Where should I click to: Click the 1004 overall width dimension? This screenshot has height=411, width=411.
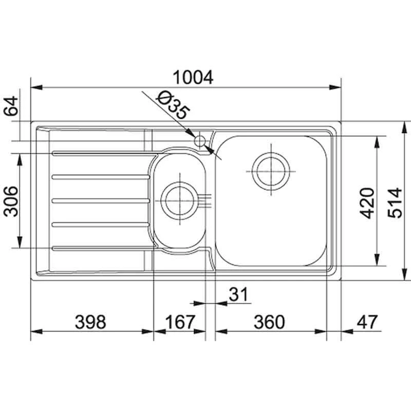pyautogui.click(x=193, y=78)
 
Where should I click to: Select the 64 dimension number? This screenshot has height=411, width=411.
pyautogui.click(x=11, y=106)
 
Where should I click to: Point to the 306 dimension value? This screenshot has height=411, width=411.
pyautogui.click(x=11, y=201)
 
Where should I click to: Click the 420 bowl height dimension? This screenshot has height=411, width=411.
pyautogui.click(x=367, y=203)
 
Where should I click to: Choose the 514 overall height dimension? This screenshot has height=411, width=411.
pyautogui.click(x=395, y=202)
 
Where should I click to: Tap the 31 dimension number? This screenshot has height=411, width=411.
pyautogui.click(x=238, y=294)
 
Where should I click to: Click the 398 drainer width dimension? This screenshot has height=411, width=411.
pyautogui.click(x=90, y=322)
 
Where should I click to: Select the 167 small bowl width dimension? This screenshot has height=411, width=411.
pyautogui.click(x=180, y=322)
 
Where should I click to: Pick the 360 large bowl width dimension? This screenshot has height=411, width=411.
pyautogui.click(x=269, y=322)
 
